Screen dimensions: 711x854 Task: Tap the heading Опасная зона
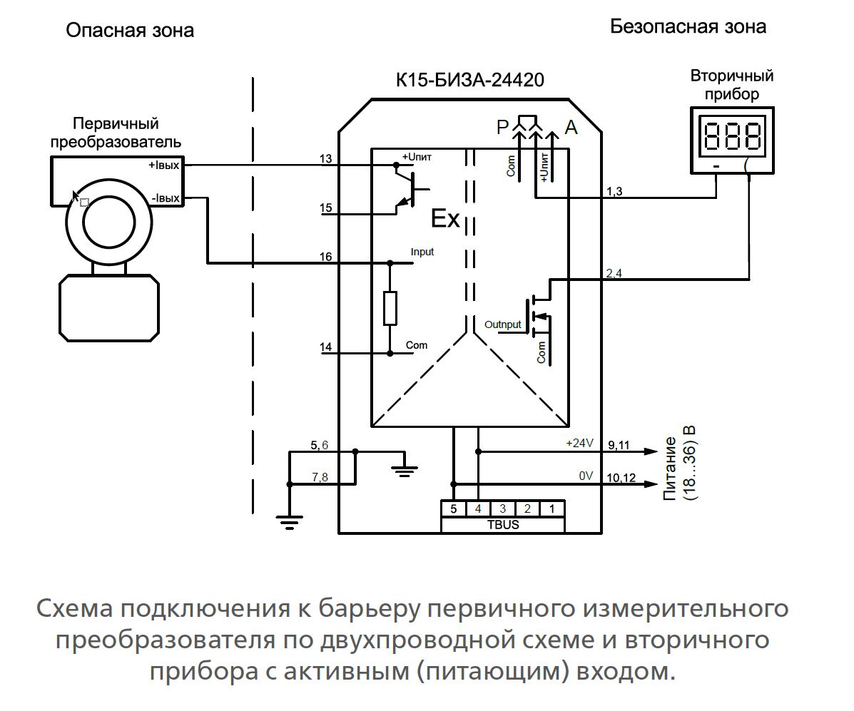pyautogui.click(x=129, y=30)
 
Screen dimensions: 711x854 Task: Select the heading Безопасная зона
pyautogui.click(x=688, y=27)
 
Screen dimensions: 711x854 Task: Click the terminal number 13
pyautogui.click(x=326, y=158)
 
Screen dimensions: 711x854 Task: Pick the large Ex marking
pyautogui.click(x=445, y=218)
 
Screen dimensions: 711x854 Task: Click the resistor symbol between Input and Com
pyautogui.click(x=390, y=307)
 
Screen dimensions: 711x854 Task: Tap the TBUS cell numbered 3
pyautogui.click(x=502, y=508)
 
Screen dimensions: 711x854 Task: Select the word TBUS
pyautogui.click(x=502, y=524)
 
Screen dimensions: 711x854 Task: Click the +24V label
pyautogui.click(x=579, y=443)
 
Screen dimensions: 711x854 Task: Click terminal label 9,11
pyautogui.click(x=618, y=444)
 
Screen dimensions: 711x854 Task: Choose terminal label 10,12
pyautogui.click(x=620, y=477)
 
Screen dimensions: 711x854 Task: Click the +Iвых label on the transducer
pyautogui.click(x=164, y=165)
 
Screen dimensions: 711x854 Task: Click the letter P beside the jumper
pyautogui.click(x=504, y=128)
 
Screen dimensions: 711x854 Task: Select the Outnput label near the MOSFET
pyautogui.click(x=503, y=324)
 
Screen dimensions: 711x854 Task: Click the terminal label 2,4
pyautogui.click(x=614, y=273)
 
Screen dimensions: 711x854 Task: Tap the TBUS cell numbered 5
pyautogui.click(x=453, y=508)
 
